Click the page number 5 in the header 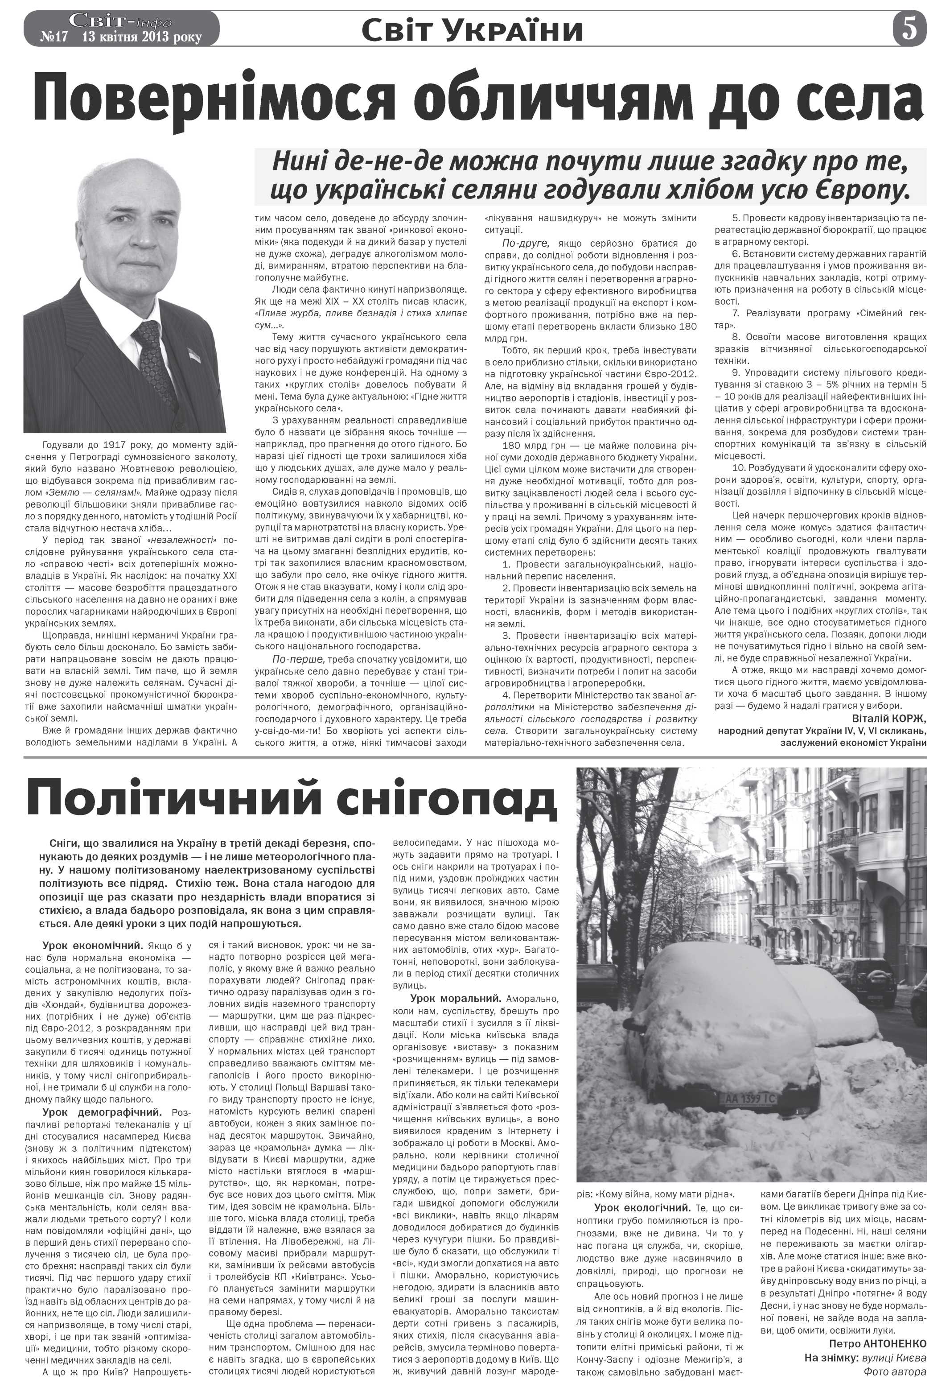pos(909,28)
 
